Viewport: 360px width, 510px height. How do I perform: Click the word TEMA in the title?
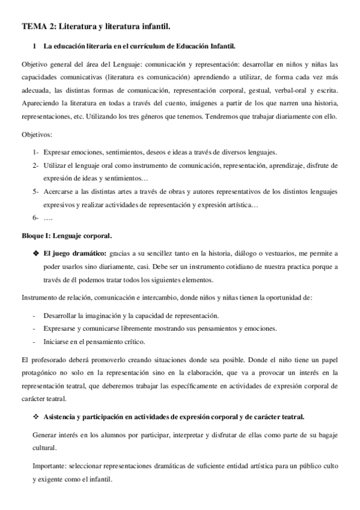[31, 26]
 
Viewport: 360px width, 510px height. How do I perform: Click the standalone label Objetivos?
[36, 136]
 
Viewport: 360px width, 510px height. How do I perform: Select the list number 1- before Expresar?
[36, 153]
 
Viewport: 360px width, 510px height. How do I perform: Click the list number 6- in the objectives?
[36, 217]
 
